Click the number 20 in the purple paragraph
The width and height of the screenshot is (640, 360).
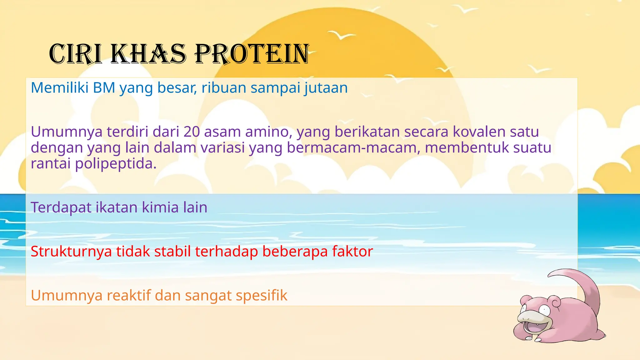click(192, 132)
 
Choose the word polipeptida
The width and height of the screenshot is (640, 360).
click(116, 163)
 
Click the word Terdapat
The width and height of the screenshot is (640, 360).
click(61, 207)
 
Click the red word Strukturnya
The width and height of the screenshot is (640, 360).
click(71, 252)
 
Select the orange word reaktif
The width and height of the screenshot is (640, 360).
click(129, 296)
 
